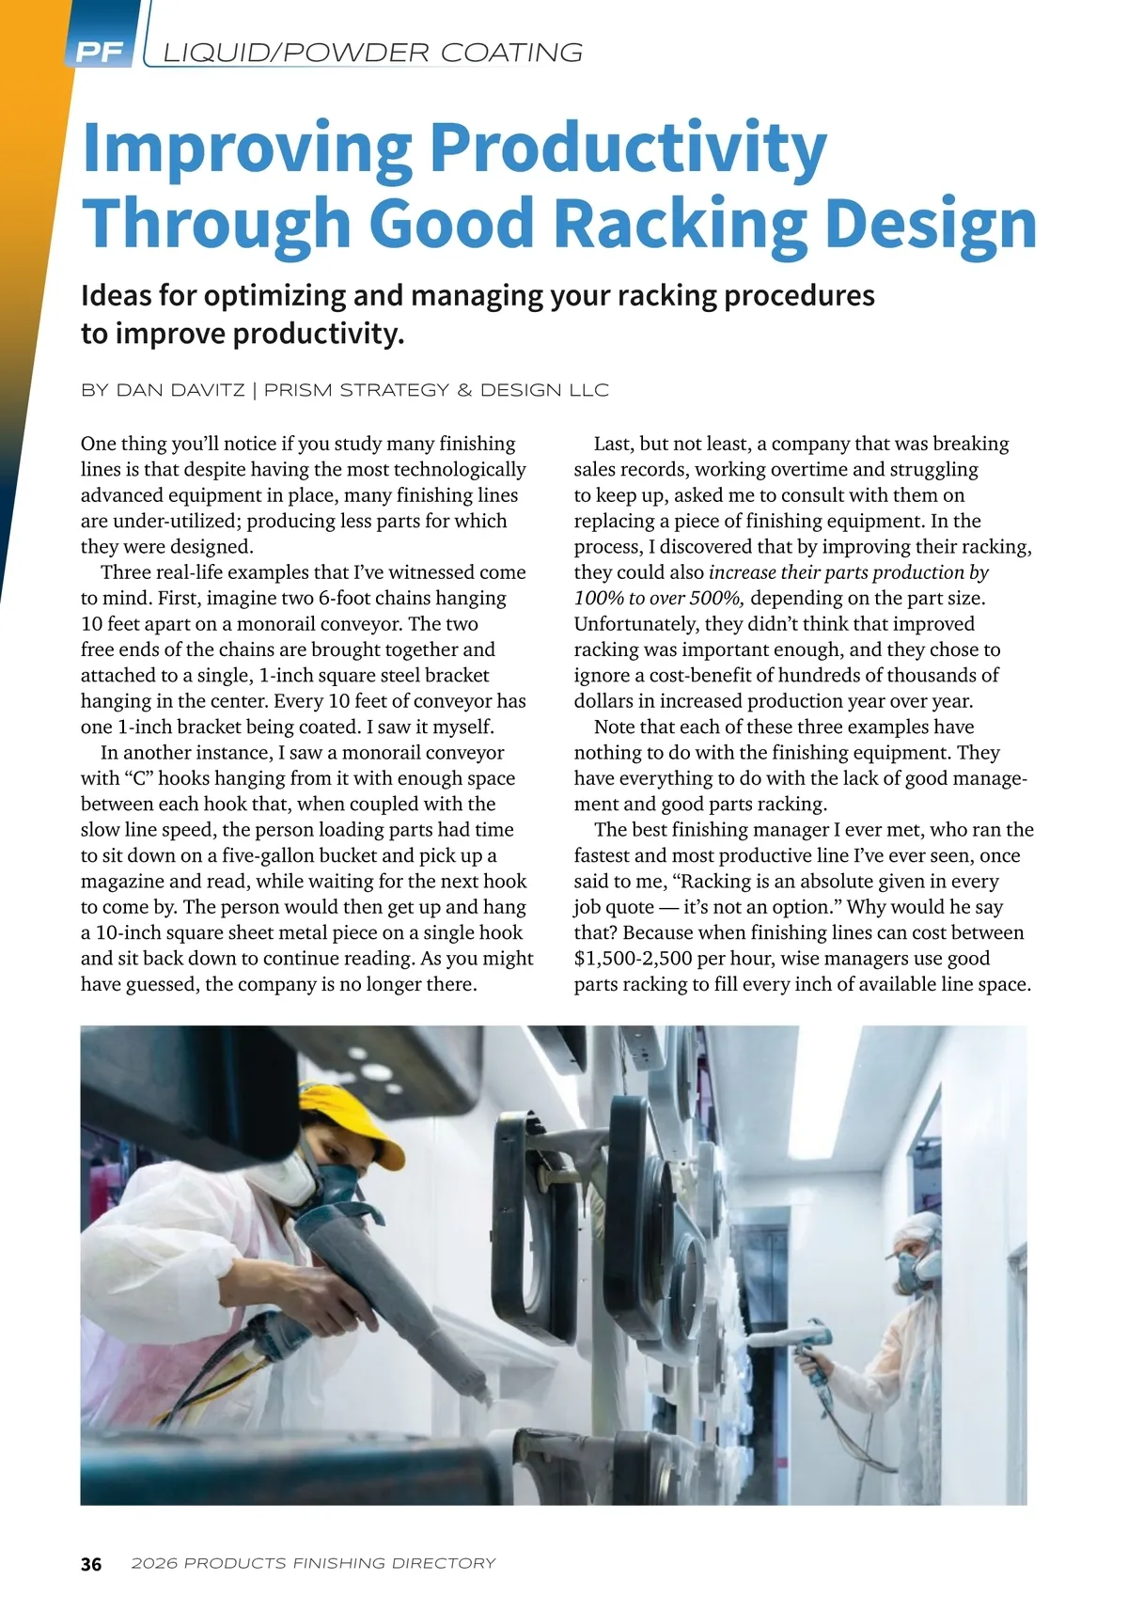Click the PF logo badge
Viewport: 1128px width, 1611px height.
[99, 53]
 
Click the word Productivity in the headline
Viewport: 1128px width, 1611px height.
[628, 149]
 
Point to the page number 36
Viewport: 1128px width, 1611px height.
[91, 1564]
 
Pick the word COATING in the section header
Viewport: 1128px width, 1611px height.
[512, 53]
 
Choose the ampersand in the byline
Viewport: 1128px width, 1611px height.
[464, 390]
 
